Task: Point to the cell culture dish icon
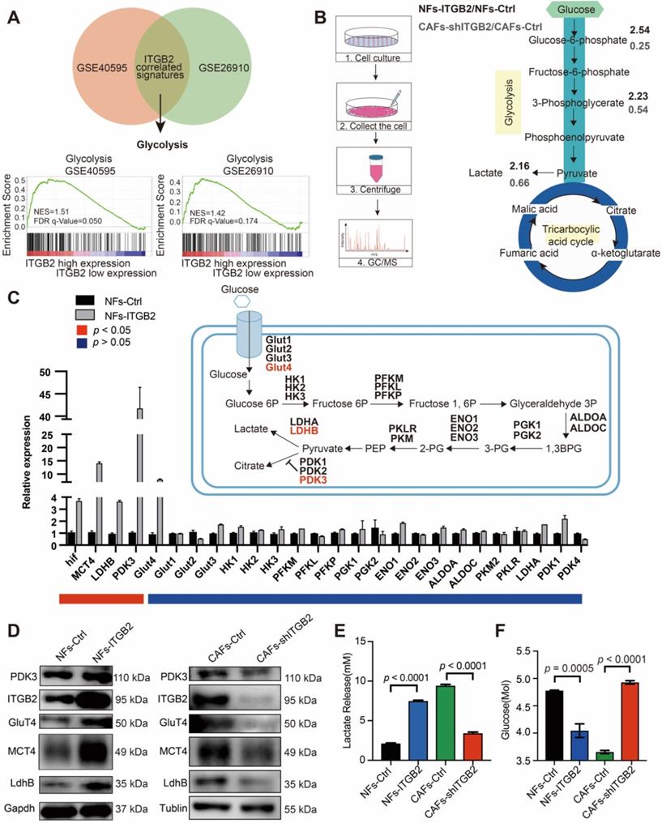coord(372,37)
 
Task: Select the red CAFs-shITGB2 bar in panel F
coord(628,720)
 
